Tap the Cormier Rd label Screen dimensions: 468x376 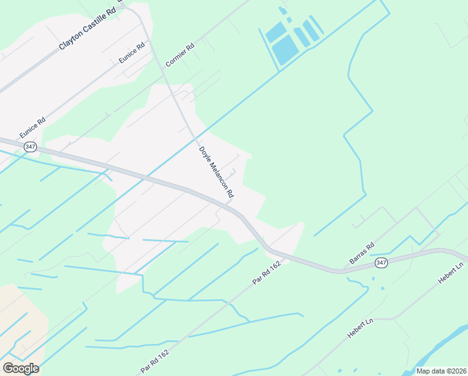pos(180,55)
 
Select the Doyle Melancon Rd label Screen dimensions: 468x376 pos(216,174)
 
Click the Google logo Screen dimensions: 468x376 pos(21,368)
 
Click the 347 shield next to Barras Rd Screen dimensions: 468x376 pos(382,263)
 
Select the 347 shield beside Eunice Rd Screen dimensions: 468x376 pos(29,146)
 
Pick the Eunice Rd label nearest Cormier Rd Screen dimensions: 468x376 pos(131,53)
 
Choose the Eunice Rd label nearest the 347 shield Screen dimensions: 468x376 pos(33,127)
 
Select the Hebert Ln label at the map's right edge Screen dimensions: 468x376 pos(451,272)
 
